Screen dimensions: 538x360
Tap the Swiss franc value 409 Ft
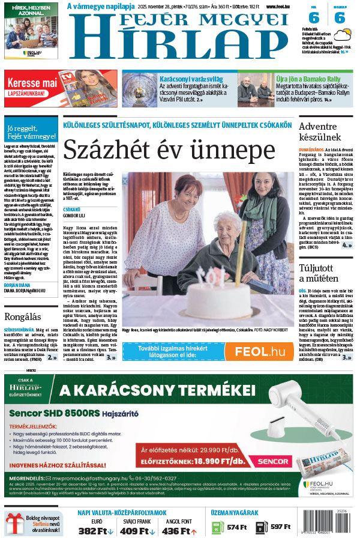tap(137, 531)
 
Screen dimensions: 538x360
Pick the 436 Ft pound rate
tap(179, 531)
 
